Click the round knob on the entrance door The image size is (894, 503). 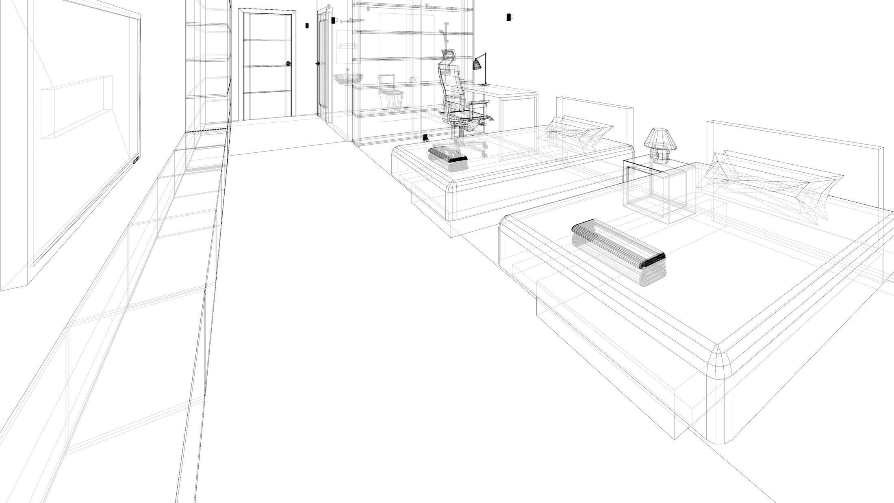(x=289, y=64)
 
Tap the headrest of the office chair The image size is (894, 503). (x=448, y=55)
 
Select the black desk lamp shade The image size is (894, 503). (x=477, y=64)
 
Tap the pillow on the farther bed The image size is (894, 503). (x=574, y=133)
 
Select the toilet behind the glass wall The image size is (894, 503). (x=391, y=94)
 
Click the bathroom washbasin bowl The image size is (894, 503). (x=348, y=78)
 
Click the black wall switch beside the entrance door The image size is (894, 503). (x=307, y=26)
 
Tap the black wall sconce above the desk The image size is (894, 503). (x=509, y=17)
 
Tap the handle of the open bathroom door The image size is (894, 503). (x=317, y=63)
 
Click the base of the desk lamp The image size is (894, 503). (x=484, y=85)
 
